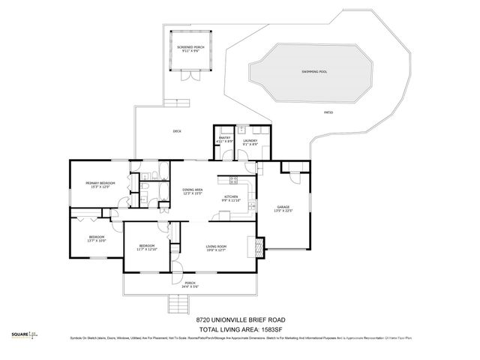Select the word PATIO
point(328,112)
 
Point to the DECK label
point(177,131)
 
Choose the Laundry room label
point(250,142)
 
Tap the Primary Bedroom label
point(100,185)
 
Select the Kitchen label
point(230,199)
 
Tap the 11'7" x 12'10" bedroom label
point(146,247)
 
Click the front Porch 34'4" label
point(190,285)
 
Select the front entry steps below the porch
point(178,304)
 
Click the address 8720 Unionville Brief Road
point(239,318)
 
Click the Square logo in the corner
point(25,335)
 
